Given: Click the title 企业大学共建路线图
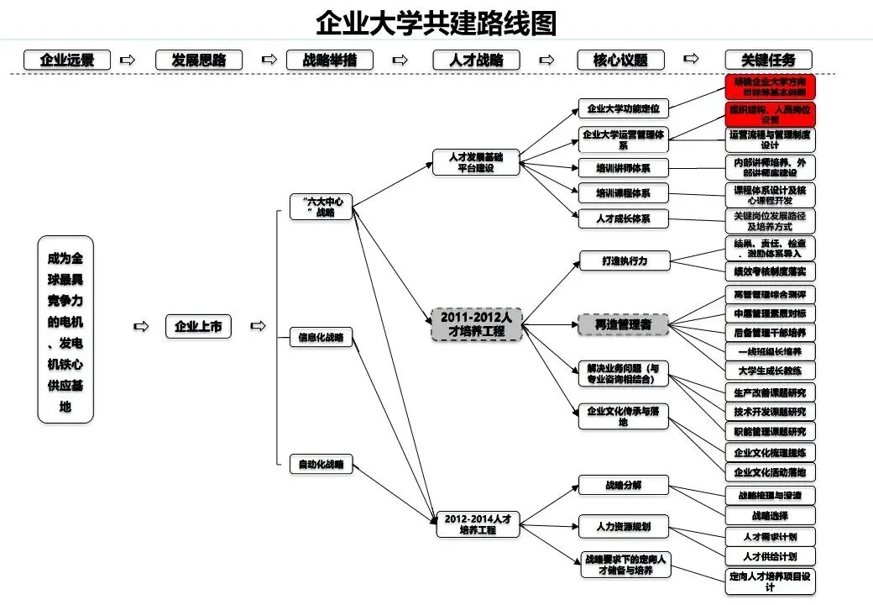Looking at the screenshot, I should [436, 23].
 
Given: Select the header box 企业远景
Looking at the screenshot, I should [67, 60].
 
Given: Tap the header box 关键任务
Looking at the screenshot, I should [770, 60].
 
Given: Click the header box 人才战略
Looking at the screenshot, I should [476, 60].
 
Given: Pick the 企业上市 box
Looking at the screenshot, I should [198, 327].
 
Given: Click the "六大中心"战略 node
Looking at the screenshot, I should [321, 207].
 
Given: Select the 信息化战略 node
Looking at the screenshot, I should [321, 338].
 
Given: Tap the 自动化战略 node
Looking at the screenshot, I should [321, 464].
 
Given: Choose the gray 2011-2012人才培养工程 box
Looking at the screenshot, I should [476, 324].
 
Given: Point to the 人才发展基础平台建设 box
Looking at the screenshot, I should [476, 161].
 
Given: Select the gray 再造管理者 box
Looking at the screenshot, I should [625, 324].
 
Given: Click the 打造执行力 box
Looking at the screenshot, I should [625, 260].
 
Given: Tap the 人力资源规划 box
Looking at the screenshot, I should [625, 527].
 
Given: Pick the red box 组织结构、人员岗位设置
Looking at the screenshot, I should [770, 114].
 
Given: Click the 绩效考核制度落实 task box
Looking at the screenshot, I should [770, 271].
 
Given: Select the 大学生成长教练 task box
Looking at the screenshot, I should [770, 371].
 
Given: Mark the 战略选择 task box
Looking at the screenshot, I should [770, 515].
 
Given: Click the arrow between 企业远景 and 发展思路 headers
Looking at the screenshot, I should [128, 60].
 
